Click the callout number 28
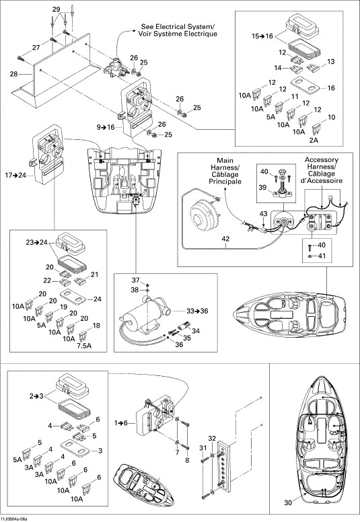[x=13, y=73]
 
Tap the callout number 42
[x=225, y=239]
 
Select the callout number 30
[x=288, y=502]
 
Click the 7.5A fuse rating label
[x=84, y=346]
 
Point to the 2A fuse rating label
[x=314, y=140]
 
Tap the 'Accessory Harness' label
[x=322, y=163]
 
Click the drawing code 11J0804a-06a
[x=14, y=519]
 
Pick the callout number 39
[x=262, y=188]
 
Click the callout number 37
[x=135, y=281]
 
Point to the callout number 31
[x=203, y=449]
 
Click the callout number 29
[x=57, y=9]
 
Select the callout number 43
[x=263, y=213]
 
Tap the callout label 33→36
[x=197, y=311]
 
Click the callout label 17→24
[x=15, y=175]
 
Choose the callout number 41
[x=322, y=256]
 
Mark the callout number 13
[x=330, y=62]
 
